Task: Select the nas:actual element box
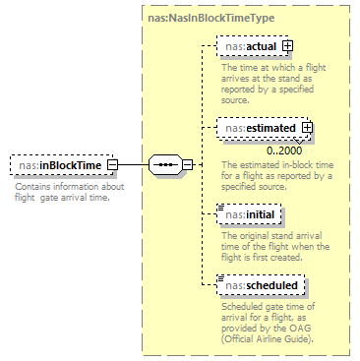coord(250,45)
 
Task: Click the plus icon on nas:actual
coord(288,45)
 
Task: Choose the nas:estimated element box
coord(259,126)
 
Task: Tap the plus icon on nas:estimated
coord(307,126)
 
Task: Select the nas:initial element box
coord(250,213)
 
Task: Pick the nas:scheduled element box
coord(260,285)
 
